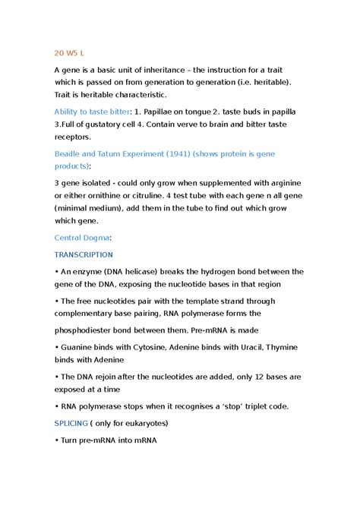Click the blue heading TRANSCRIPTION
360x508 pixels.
tap(83, 254)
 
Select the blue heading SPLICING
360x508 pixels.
tap(71, 423)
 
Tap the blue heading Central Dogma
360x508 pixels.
tap(82, 237)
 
